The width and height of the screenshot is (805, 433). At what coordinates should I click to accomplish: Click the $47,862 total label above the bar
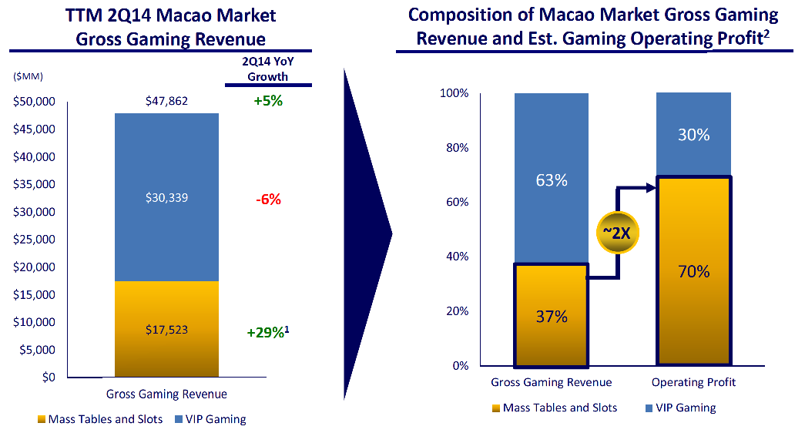pyautogui.click(x=166, y=101)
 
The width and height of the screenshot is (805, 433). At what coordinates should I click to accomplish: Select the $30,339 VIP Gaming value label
pyautogui.click(x=166, y=198)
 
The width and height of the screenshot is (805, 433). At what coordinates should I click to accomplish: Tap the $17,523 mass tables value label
pyautogui.click(x=166, y=330)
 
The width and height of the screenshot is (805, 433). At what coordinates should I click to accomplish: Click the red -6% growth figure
pyautogui.click(x=267, y=200)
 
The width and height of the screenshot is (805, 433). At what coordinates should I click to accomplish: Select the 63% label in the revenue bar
pyautogui.click(x=551, y=180)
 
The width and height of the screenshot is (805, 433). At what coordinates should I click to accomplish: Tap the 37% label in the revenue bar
pyautogui.click(x=551, y=317)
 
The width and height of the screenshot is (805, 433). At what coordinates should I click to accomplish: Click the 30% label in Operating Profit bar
pyautogui.click(x=693, y=134)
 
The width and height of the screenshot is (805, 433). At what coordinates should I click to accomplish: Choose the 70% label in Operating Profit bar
pyautogui.click(x=693, y=271)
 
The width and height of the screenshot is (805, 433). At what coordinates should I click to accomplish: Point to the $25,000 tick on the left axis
pyautogui.click(x=34, y=239)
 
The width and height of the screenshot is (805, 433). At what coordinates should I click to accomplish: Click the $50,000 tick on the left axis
pyautogui.click(x=34, y=101)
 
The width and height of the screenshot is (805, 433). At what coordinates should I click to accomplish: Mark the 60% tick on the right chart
pyautogui.click(x=455, y=202)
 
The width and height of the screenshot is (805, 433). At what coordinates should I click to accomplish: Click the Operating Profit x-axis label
pyautogui.click(x=693, y=382)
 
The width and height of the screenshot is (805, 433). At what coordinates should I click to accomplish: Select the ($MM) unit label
pyautogui.click(x=29, y=76)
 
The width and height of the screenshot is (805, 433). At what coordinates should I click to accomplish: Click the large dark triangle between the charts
pyautogui.click(x=366, y=231)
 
